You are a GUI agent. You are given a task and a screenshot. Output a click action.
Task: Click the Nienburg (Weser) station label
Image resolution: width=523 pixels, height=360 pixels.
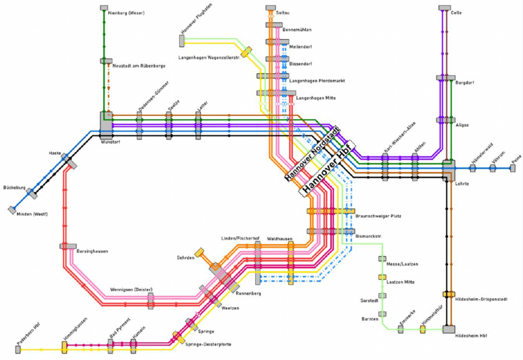point(127,13)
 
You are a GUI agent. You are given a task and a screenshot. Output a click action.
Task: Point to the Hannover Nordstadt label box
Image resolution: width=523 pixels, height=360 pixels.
point(312,154)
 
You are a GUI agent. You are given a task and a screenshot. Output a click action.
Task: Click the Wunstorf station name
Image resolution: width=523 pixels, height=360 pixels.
point(110,141)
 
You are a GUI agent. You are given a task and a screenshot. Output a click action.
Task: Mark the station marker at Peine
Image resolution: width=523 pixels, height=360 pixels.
point(512,169)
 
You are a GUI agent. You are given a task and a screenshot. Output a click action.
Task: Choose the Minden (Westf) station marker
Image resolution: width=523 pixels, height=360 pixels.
point(12,209)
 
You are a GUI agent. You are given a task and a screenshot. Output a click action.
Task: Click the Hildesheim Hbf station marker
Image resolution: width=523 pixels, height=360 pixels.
point(449,329)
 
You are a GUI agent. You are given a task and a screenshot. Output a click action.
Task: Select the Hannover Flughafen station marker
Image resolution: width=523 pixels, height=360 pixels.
point(182,40)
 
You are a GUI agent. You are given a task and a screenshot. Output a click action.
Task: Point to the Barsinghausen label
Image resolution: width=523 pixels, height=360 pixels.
point(92,251)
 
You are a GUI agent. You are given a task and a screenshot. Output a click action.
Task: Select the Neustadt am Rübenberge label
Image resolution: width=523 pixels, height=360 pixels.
point(139,66)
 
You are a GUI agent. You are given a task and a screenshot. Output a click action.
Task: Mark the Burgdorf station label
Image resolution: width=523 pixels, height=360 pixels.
point(465,83)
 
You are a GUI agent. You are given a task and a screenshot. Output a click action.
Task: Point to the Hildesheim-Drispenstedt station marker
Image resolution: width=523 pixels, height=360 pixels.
point(448,294)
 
